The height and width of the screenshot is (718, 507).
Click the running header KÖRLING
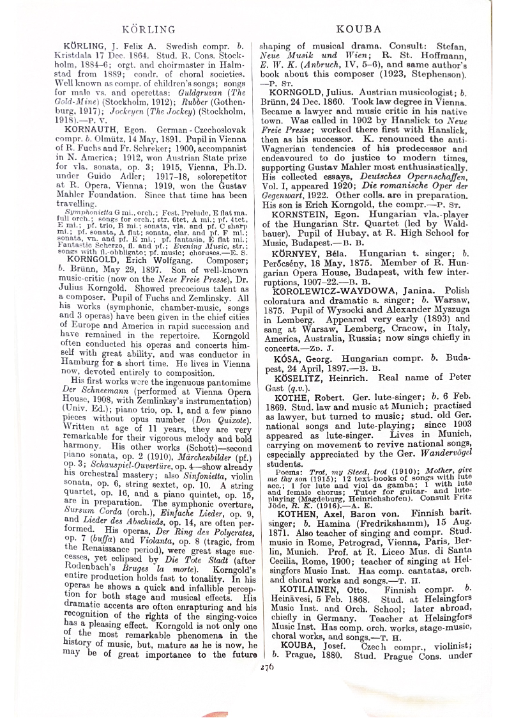(148, 29)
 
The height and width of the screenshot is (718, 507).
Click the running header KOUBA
(358, 29)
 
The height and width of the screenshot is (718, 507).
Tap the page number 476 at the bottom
(266, 666)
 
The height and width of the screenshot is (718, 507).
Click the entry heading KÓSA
(286, 359)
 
